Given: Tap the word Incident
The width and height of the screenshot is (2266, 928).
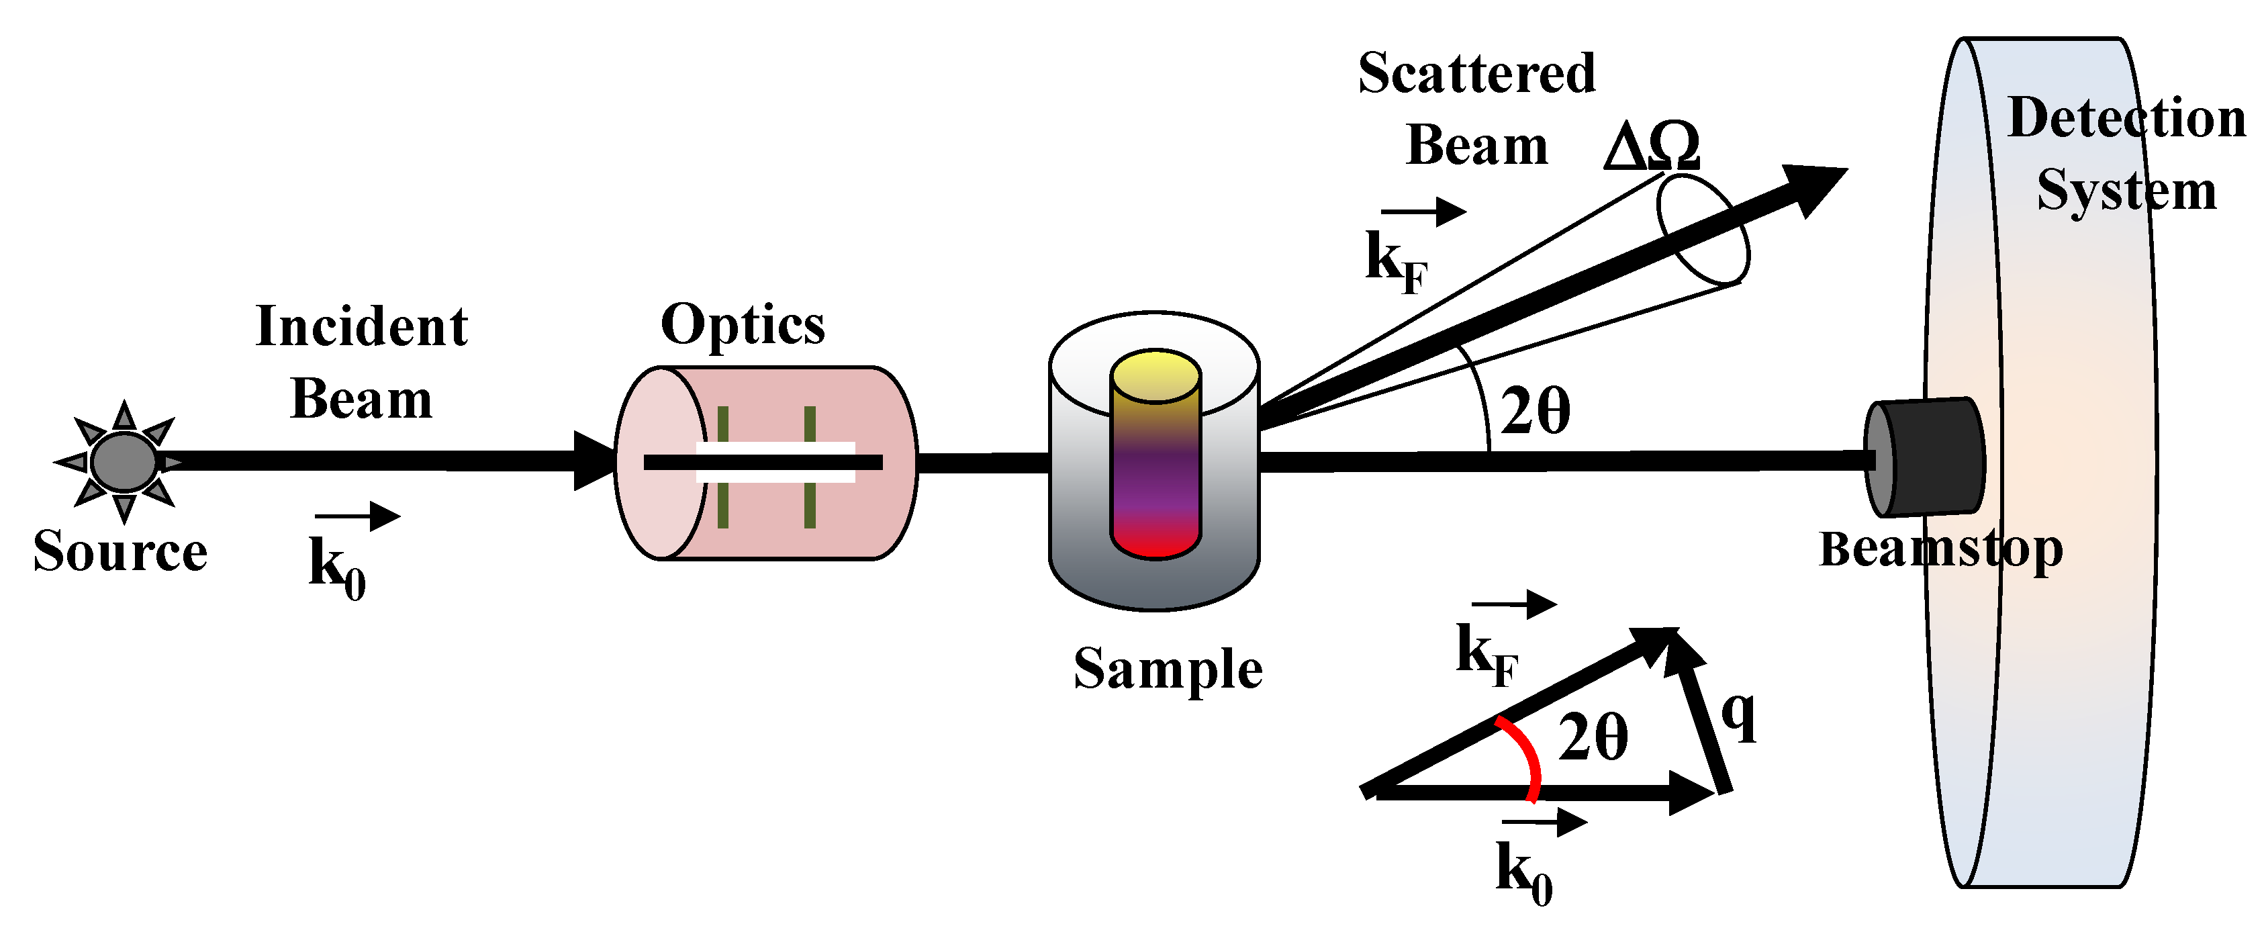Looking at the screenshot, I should click(x=361, y=327).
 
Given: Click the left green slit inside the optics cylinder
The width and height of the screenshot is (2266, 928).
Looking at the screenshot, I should click(x=722, y=467).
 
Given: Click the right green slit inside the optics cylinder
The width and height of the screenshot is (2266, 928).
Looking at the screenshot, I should click(x=809, y=467).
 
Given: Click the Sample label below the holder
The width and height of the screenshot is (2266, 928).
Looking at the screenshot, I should click(x=1168, y=670).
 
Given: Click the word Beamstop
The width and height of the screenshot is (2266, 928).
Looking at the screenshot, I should click(x=1940, y=550).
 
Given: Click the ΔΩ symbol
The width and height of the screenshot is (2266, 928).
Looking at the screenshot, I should click(x=1651, y=147).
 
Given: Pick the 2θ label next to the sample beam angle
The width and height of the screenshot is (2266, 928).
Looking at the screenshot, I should click(x=1534, y=412).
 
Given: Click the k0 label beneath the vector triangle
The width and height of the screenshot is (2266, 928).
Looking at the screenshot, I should click(x=1523, y=871).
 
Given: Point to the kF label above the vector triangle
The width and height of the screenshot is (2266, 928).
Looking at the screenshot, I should click(x=1486, y=655).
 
